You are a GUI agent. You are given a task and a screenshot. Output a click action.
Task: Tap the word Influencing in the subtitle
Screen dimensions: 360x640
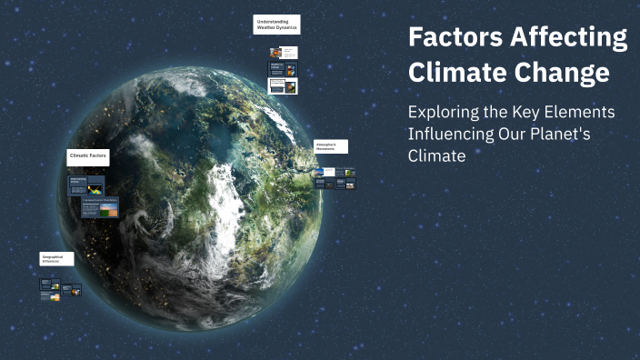(448, 135)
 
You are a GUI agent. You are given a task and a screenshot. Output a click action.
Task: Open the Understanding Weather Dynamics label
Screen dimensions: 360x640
(276, 25)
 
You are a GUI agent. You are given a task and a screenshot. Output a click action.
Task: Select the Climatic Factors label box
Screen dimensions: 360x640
(88, 156)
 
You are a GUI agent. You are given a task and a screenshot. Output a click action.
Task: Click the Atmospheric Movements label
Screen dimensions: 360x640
(330, 145)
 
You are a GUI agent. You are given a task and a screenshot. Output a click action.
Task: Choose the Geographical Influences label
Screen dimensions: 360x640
(56, 258)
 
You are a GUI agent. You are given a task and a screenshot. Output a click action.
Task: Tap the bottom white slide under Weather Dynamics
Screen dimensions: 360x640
(282, 86)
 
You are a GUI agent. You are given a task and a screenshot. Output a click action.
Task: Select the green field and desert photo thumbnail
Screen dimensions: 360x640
(108, 209)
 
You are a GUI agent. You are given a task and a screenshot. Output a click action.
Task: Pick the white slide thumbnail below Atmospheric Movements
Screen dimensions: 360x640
(328, 171)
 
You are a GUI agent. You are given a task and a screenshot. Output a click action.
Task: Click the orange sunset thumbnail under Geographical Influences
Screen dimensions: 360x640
(55, 296)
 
